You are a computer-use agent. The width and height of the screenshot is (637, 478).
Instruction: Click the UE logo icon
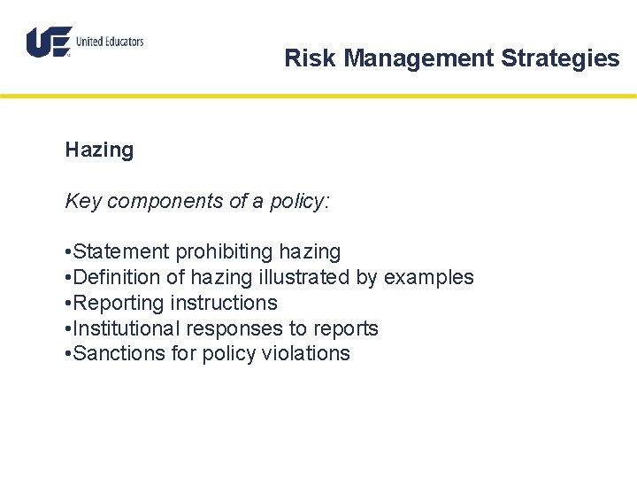point(49,42)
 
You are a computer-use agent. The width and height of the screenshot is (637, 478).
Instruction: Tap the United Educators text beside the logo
point(110,42)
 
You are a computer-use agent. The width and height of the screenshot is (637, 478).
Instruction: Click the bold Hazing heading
point(99,150)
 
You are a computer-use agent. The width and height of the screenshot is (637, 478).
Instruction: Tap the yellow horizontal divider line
point(318,96)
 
